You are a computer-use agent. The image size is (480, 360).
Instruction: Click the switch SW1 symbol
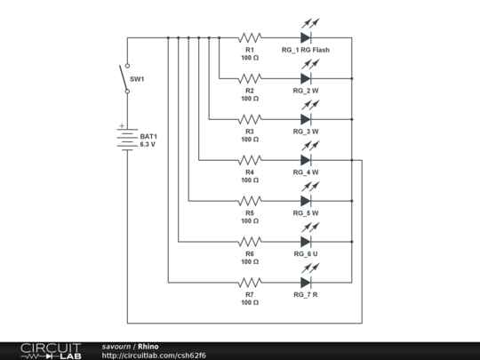124,78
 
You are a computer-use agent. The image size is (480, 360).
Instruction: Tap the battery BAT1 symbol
127,140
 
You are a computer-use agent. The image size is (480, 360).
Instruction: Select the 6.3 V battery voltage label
148,145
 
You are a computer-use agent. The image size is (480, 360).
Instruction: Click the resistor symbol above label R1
250,38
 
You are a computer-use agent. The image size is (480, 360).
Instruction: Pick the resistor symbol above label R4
250,160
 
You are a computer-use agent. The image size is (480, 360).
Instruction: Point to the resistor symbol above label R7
250,283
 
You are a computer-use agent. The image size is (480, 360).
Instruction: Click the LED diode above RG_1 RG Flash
306,38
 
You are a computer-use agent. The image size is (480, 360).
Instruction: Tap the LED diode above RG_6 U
306,242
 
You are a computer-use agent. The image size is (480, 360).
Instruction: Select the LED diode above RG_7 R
306,283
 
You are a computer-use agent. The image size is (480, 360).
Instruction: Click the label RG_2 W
306,91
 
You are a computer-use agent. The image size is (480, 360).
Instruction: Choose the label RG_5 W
306,213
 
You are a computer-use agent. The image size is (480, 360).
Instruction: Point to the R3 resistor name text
250,132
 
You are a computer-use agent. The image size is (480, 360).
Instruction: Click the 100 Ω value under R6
250,261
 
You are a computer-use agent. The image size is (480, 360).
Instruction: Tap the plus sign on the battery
122,126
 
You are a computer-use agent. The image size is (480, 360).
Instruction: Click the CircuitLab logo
51,351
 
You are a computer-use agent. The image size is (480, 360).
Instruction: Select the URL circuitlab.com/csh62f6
154,356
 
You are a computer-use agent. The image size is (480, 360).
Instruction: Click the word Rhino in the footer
148,347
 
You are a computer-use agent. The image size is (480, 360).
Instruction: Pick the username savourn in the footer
116,347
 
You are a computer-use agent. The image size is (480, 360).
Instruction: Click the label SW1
137,79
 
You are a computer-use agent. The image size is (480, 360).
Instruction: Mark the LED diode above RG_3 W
306,119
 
